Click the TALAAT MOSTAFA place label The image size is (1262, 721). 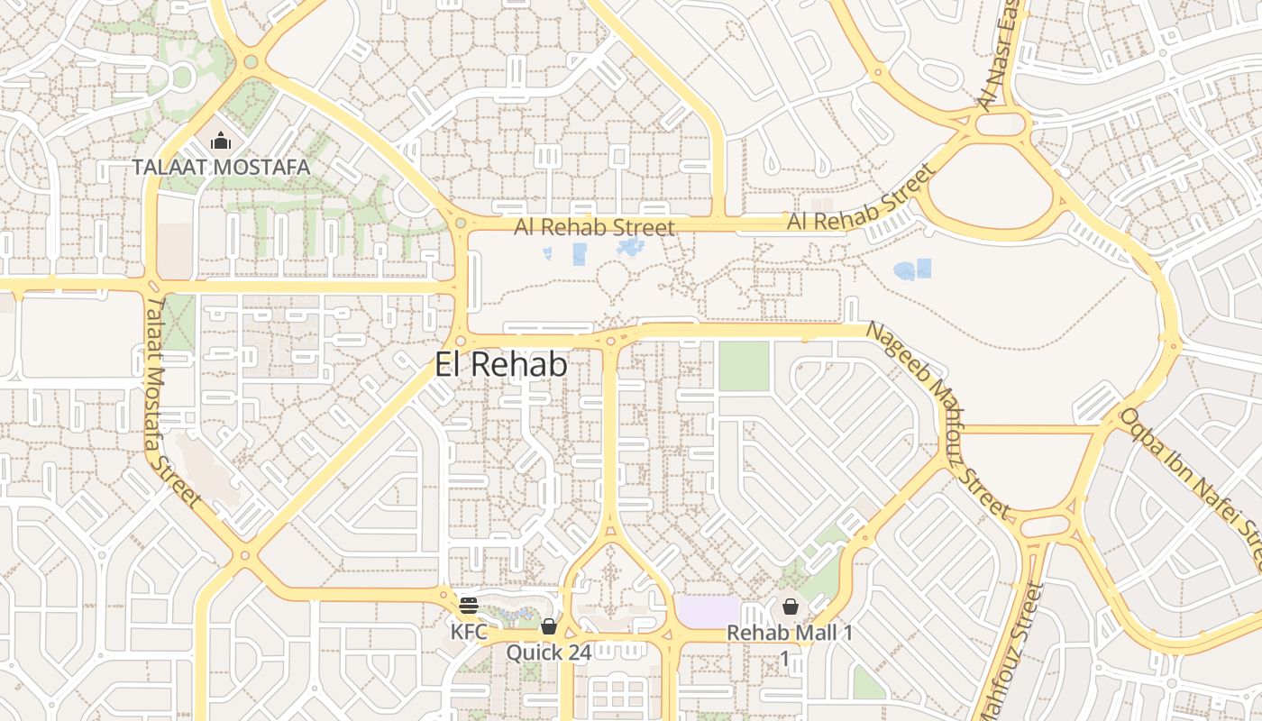(x=221, y=167)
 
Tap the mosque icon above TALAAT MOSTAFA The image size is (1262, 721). (x=220, y=141)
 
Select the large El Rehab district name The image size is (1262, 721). (x=501, y=365)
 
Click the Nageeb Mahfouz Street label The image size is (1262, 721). (x=937, y=419)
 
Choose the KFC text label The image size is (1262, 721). (x=469, y=632)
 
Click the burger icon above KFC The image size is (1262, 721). (x=468, y=605)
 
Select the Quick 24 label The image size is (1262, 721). (x=548, y=652)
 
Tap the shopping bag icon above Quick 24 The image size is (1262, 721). (x=548, y=626)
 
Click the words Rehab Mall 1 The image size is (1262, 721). (x=790, y=633)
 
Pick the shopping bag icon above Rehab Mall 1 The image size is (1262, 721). (x=791, y=607)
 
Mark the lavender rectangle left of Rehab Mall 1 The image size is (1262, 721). (x=708, y=611)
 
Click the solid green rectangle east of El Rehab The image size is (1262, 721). (x=744, y=366)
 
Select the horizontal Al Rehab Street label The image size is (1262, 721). (x=595, y=227)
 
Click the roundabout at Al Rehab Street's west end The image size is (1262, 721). (x=461, y=223)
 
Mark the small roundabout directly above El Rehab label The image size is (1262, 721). (x=461, y=341)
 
